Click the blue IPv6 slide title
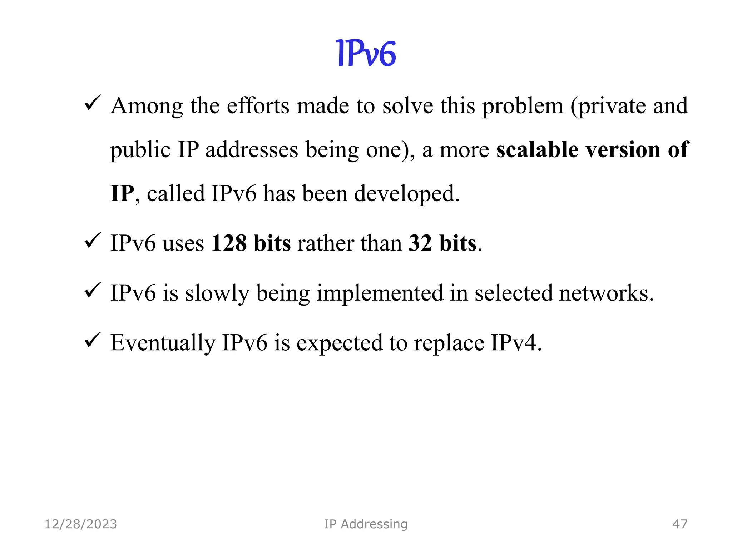tap(366, 54)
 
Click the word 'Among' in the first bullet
tap(147, 106)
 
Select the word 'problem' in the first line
tap(523, 106)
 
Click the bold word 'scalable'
tap(537, 149)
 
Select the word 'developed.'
tap(406, 193)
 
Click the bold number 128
tap(229, 243)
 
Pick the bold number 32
tap(420, 243)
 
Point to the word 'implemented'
tap(380, 293)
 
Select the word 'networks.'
tap(606, 293)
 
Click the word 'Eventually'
tap(163, 343)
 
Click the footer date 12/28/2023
tap(81, 524)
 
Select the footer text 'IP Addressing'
tap(366, 524)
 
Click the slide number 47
tap(680, 524)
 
